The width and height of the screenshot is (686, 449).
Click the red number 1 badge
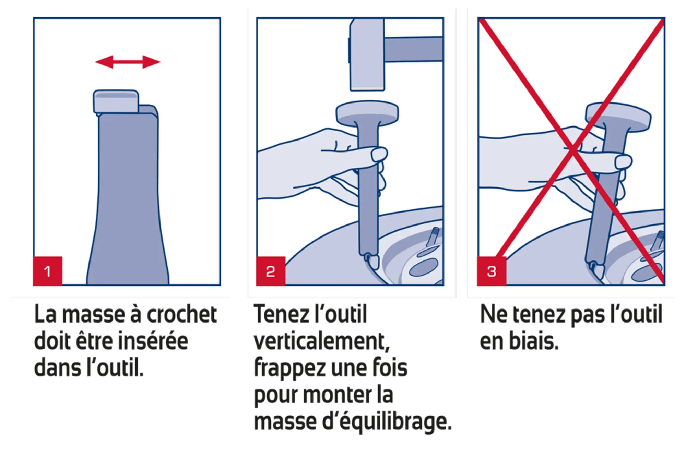pyautogui.click(x=48, y=271)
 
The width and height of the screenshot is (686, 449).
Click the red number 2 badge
pyautogui.click(x=271, y=271)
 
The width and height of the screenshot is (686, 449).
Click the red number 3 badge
pyautogui.click(x=492, y=271)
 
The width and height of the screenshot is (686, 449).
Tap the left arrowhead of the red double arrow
pyautogui.click(x=103, y=62)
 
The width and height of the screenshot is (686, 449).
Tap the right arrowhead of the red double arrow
pyautogui.click(x=152, y=62)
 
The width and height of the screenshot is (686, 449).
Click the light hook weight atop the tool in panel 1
pyautogui.click(x=116, y=101)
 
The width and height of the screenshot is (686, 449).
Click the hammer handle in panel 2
pyautogui.click(x=413, y=49)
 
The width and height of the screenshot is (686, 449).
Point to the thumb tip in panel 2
pyautogui.click(x=379, y=154)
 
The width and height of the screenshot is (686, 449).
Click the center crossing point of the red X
pyautogui.click(x=572, y=150)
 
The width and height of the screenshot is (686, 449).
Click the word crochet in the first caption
pyautogui.click(x=181, y=314)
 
